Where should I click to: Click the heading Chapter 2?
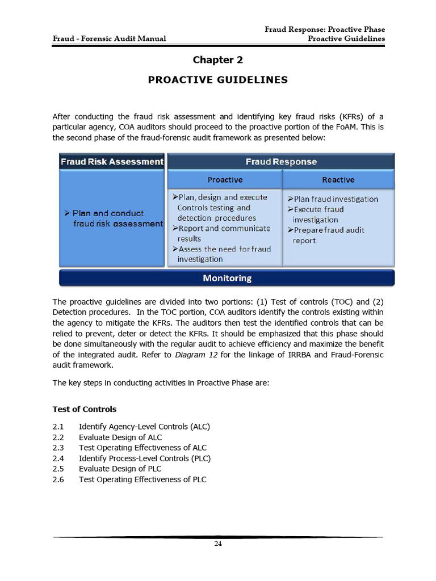click(217, 60)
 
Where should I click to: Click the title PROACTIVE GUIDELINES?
click(217, 80)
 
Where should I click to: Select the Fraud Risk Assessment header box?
click(112, 162)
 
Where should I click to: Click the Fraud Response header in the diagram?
click(281, 162)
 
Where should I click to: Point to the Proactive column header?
click(225, 180)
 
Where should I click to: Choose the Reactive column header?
click(338, 180)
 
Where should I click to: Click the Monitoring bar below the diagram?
click(227, 278)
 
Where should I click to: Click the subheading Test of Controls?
click(84, 409)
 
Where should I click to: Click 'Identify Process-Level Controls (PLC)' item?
click(144, 458)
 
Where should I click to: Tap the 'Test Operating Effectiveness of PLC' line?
click(142, 479)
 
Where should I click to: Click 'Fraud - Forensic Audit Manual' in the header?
click(110, 39)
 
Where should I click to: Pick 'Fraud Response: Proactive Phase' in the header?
click(325, 30)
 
